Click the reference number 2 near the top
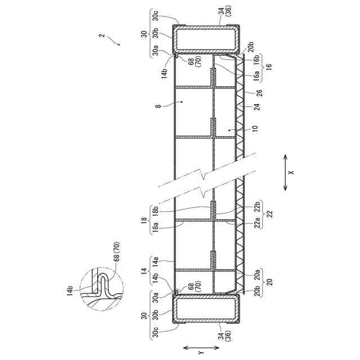tap(102, 35)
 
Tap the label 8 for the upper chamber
tap(159, 106)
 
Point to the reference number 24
tap(258, 107)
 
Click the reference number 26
tap(260, 93)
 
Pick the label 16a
tap(256, 75)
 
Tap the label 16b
tap(256, 60)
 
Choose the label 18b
tap(155, 209)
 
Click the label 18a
tap(155, 226)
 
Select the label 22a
tap(257, 222)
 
